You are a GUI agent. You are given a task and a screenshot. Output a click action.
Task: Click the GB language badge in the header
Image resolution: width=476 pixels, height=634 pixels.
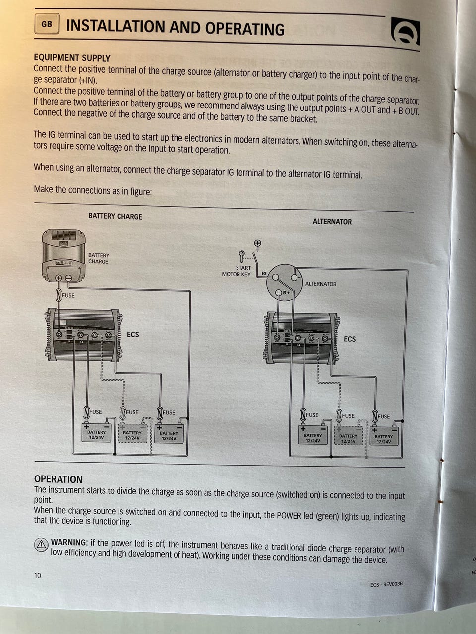point(47,24)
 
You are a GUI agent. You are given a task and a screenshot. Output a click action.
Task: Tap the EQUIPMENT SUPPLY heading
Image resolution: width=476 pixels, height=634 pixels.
point(72,58)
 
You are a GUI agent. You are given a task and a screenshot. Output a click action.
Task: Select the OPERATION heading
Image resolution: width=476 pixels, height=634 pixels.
point(59,479)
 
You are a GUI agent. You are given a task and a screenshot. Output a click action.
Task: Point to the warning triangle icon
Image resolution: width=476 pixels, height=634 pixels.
point(41,545)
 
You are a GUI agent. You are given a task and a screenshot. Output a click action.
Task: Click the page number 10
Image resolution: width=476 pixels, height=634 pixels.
point(38,575)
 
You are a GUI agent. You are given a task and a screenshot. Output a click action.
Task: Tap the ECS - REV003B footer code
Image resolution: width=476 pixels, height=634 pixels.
point(386,584)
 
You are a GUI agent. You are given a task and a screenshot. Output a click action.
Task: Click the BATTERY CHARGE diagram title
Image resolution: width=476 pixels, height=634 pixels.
point(115,216)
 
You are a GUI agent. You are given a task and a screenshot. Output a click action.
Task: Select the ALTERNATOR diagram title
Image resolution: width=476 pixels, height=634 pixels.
point(332,221)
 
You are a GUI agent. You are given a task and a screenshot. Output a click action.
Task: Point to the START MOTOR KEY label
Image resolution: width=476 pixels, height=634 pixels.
point(237,271)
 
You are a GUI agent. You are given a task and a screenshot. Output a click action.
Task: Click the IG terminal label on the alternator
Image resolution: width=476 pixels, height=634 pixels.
point(264,273)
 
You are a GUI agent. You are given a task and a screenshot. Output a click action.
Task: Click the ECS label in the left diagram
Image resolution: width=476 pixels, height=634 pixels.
point(133,334)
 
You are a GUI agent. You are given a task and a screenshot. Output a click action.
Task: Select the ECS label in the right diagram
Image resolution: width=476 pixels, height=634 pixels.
point(350,339)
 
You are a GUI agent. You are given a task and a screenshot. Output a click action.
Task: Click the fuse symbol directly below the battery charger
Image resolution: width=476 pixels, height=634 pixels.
point(59,296)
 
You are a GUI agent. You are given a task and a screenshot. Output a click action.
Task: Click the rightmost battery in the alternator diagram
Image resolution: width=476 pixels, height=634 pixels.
point(383,436)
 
